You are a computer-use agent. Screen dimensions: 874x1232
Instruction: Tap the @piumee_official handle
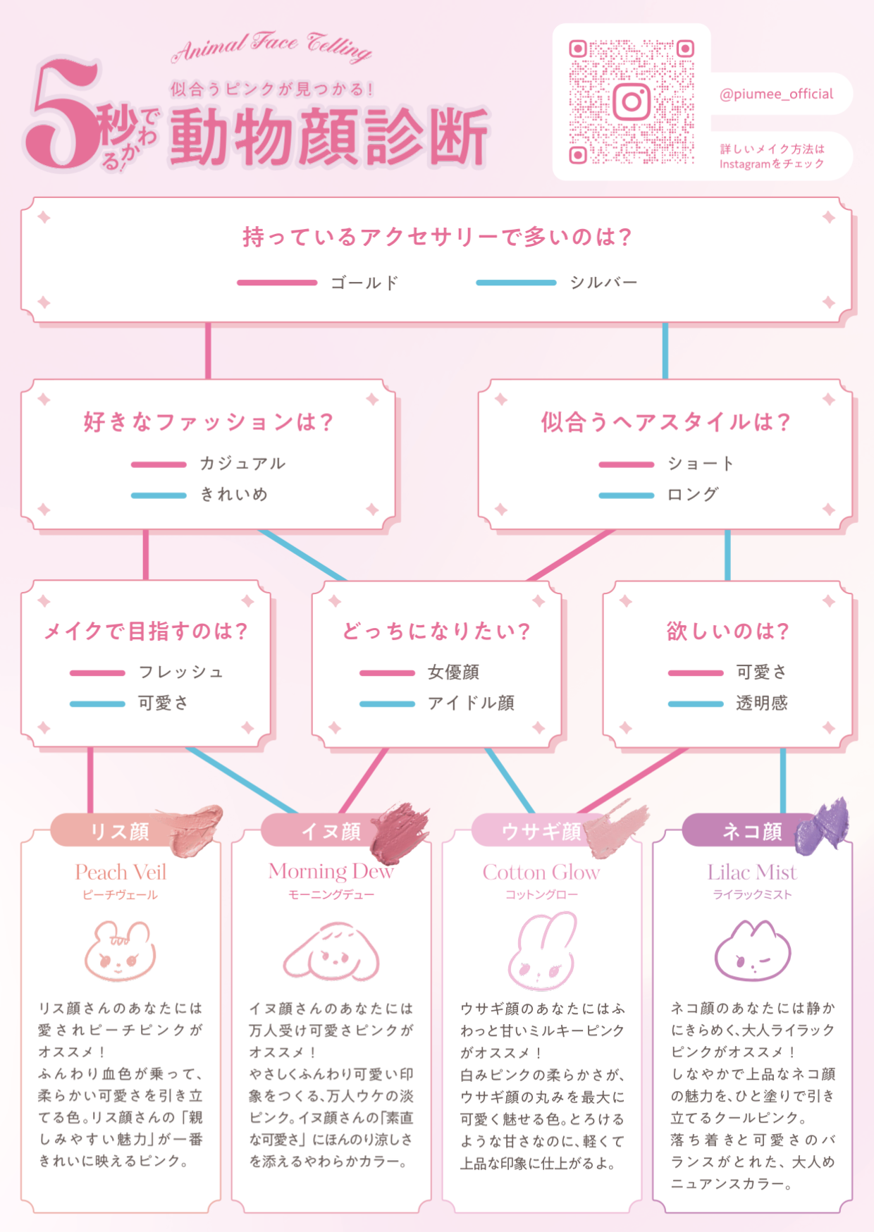pyautogui.click(x=776, y=94)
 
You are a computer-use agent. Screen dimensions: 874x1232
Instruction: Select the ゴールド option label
pyautogui.click(x=364, y=283)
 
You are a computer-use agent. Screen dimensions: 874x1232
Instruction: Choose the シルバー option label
pyautogui.click(x=603, y=283)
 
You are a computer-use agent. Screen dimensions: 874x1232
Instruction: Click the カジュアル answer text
pyautogui.click(x=242, y=463)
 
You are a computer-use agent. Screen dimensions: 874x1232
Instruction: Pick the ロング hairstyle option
pyautogui.click(x=693, y=494)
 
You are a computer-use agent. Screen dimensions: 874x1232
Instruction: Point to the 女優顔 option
pyautogui.click(x=453, y=672)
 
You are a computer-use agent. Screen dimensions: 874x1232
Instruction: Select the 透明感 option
pyautogui.click(x=762, y=703)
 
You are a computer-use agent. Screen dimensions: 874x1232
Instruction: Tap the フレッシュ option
pyautogui.click(x=181, y=672)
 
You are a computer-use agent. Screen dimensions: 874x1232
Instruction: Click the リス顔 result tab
pyautogui.click(x=120, y=832)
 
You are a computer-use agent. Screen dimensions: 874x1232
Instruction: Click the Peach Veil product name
pyautogui.click(x=121, y=872)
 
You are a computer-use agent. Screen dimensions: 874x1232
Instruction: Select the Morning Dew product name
pyautogui.click(x=331, y=871)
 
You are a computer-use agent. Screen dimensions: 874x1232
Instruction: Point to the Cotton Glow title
pyautogui.click(x=541, y=872)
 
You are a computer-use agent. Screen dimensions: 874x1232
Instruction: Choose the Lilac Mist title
pyautogui.click(x=752, y=872)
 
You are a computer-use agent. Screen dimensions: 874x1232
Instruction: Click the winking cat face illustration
pyautogui.click(x=752, y=951)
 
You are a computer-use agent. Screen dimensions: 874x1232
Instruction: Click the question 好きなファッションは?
pyautogui.click(x=208, y=422)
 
